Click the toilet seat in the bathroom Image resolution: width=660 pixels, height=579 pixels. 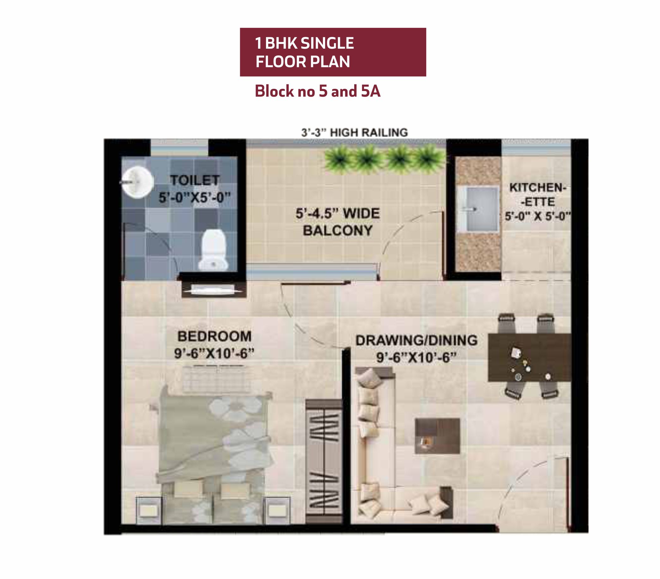pyautogui.click(x=213, y=250)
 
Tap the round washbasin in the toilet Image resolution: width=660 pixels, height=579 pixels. pyautogui.click(x=137, y=182)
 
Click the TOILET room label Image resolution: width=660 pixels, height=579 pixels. pyautogui.click(x=195, y=180)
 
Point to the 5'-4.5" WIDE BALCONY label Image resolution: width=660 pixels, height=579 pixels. pyautogui.click(x=338, y=222)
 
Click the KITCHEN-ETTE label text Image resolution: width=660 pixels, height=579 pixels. pyautogui.click(x=538, y=195)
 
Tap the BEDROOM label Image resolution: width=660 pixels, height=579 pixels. pyautogui.click(x=215, y=337)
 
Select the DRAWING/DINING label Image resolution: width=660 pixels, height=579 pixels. pyautogui.click(x=416, y=340)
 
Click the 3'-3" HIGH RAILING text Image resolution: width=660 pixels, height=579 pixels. pyautogui.click(x=354, y=132)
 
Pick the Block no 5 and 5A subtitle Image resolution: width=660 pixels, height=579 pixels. pyautogui.click(x=318, y=91)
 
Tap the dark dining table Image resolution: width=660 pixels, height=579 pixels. pyautogui.click(x=530, y=357)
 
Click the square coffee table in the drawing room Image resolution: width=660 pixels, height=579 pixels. pyautogui.click(x=437, y=436)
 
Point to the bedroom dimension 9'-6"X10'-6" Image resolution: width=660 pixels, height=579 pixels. pyautogui.click(x=215, y=354)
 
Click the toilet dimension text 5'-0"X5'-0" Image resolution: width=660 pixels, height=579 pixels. pyautogui.click(x=195, y=197)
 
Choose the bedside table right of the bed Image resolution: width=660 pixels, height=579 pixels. pyautogui.click(x=276, y=510)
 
